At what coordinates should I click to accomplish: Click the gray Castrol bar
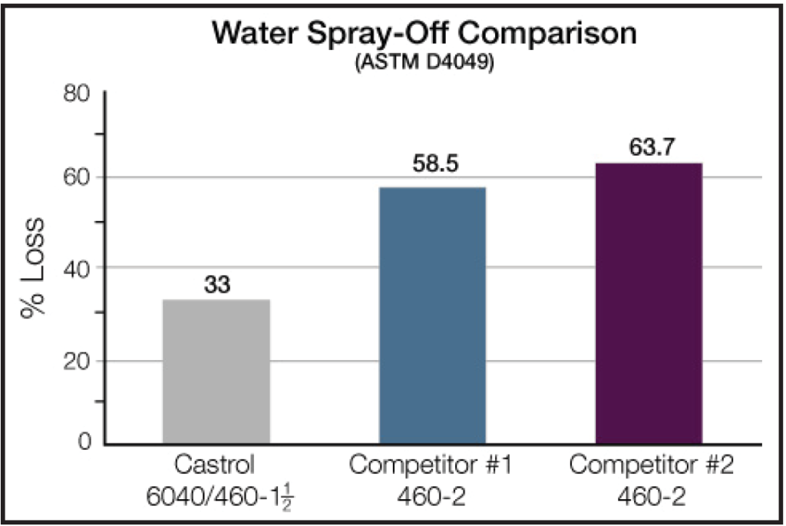point(216,372)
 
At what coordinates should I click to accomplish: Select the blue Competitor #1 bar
point(433,316)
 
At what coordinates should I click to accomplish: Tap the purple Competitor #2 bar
point(649,303)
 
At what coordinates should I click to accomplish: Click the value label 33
point(217,286)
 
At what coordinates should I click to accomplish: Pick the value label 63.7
point(649,147)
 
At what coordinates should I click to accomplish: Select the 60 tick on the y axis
point(78,177)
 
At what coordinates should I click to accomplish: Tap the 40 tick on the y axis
point(78,268)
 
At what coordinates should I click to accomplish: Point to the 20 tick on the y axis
point(78,361)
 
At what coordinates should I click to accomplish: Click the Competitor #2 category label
point(649,466)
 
